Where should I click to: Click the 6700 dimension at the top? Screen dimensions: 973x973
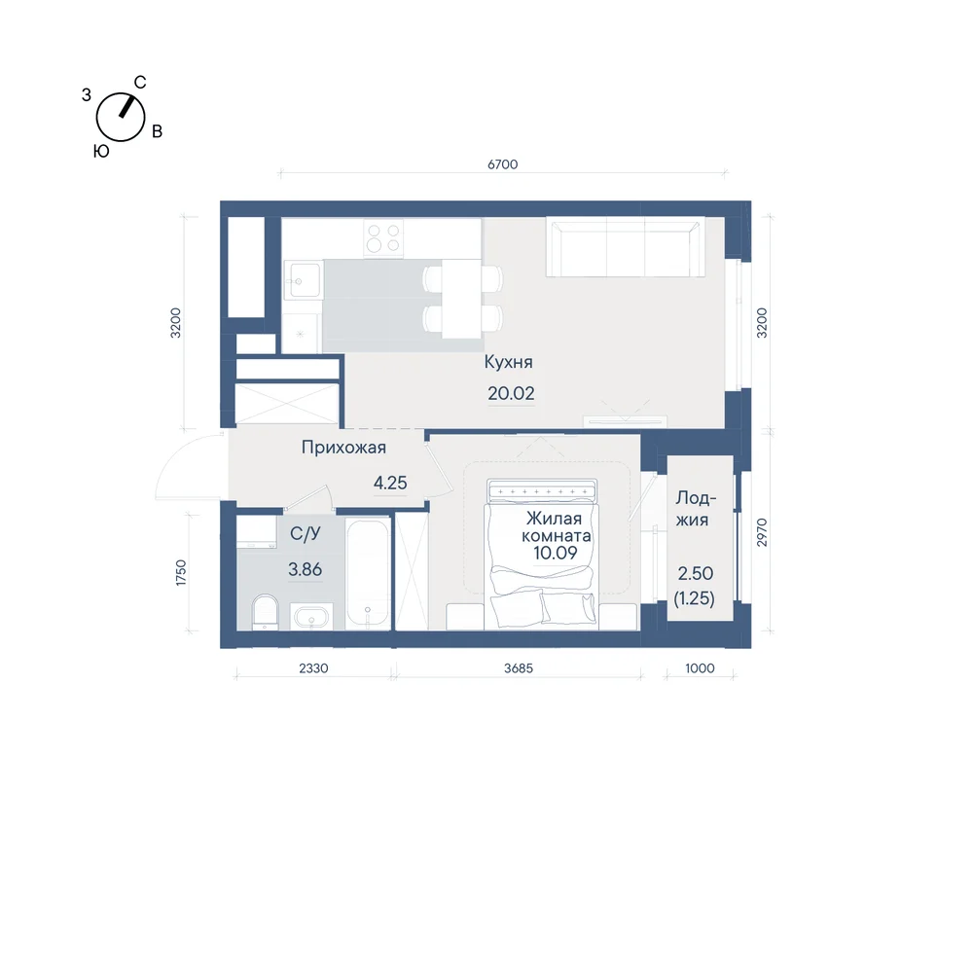tap(503, 164)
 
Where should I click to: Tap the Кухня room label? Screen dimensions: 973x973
tap(508, 362)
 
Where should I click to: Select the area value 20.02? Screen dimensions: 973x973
tap(511, 393)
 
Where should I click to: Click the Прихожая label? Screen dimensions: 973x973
tap(343, 448)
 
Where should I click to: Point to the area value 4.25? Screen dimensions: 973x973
tap(390, 483)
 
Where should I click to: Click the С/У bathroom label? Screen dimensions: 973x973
tap(306, 533)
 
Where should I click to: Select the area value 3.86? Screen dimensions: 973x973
tap(306, 569)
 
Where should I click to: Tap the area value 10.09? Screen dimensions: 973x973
tap(556, 553)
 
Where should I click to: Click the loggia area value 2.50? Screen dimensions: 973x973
tap(696, 573)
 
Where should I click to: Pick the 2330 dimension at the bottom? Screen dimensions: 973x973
tap(313, 668)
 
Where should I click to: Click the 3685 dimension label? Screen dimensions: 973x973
tap(519, 668)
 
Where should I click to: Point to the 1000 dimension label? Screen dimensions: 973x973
tap(700, 668)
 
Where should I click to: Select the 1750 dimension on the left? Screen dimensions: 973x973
tap(181, 573)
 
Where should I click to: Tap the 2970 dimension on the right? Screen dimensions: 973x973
tap(762, 532)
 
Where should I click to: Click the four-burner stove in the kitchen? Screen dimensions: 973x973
tap(383, 238)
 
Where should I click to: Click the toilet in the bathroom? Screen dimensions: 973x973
tap(266, 611)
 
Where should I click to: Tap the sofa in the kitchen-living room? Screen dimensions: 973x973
tap(626, 247)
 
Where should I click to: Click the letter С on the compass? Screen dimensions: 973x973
tap(140, 83)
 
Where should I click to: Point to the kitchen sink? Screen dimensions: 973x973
tap(303, 280)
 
